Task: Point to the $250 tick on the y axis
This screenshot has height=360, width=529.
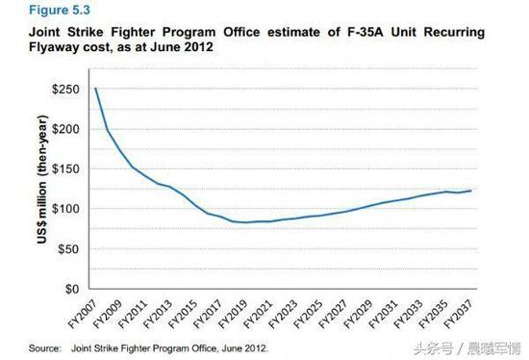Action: point(66,89)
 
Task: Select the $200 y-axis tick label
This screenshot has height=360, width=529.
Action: point(66,129)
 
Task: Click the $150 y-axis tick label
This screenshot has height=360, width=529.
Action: point(66,168)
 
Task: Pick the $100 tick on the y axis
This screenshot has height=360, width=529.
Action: point(66,209)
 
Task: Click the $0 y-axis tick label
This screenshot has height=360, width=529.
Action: point(72,289)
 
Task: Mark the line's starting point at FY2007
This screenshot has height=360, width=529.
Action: point(95,89)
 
